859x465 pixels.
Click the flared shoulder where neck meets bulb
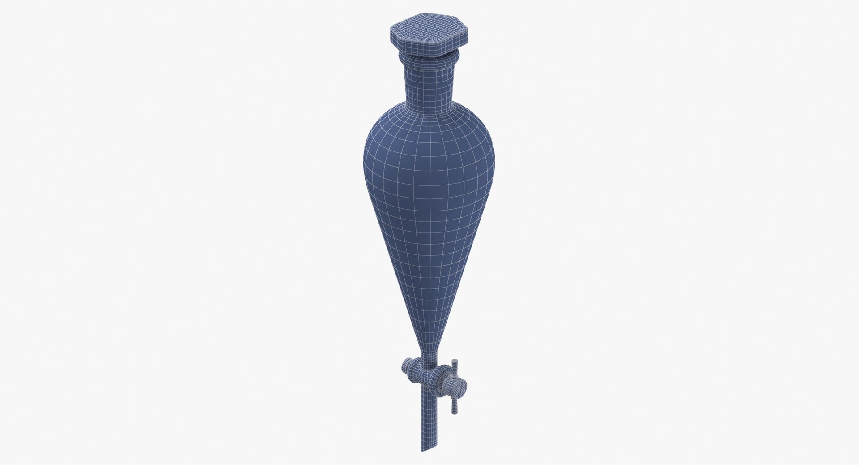coord(429,117)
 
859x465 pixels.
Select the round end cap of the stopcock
coord(458,386)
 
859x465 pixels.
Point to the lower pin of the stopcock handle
coord(455,403)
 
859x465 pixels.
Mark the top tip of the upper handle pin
coord(455,361)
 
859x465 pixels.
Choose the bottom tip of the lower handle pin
coord(455,412)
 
